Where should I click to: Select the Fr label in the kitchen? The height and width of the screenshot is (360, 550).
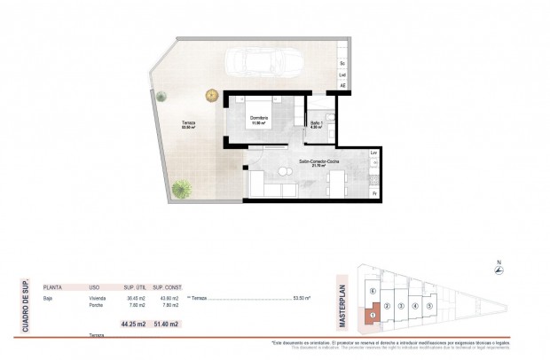[373, 192]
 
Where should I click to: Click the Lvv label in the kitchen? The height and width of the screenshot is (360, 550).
[373, 155]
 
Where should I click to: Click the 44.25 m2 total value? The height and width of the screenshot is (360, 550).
[132, 324]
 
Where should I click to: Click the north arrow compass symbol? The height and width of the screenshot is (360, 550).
[500, 271]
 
